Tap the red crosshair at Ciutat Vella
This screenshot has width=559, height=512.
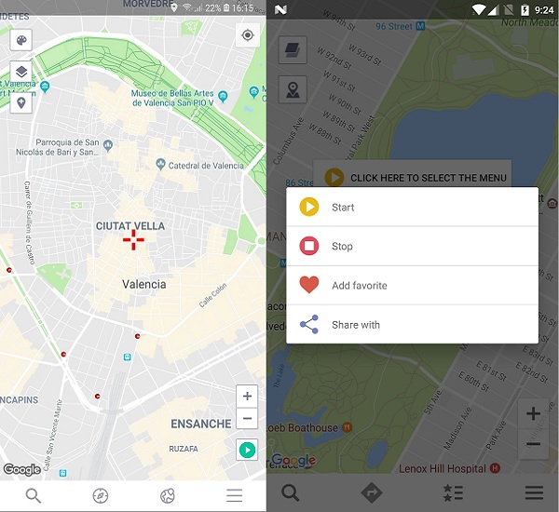(x=133, y=240)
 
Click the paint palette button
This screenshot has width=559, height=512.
(x=20, y=40)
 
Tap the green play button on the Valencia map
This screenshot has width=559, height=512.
(x=247, y=451)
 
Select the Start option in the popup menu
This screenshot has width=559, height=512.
(x=343, y=208)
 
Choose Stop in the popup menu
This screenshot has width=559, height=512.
(x=342, y=247)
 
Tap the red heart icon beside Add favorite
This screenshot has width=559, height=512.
(x=309, y=286)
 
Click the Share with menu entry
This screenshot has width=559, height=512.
(x=356, y=325)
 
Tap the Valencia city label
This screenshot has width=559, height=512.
(x=144, y=284)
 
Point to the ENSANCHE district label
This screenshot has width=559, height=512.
(x=200, y=424)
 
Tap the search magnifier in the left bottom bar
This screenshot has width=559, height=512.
(x=34, y=495)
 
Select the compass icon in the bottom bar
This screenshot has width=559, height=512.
(x=101, y=495)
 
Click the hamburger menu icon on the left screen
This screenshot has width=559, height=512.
(x=234, y=495)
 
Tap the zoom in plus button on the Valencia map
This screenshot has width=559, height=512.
(x=247, y=396)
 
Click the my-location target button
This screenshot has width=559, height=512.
(x=248, y=36)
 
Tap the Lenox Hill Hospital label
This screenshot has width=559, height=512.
(x=441, y=468)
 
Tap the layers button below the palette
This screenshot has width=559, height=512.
(x=20, y=72)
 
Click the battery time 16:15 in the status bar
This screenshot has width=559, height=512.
(x=242, y=7)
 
